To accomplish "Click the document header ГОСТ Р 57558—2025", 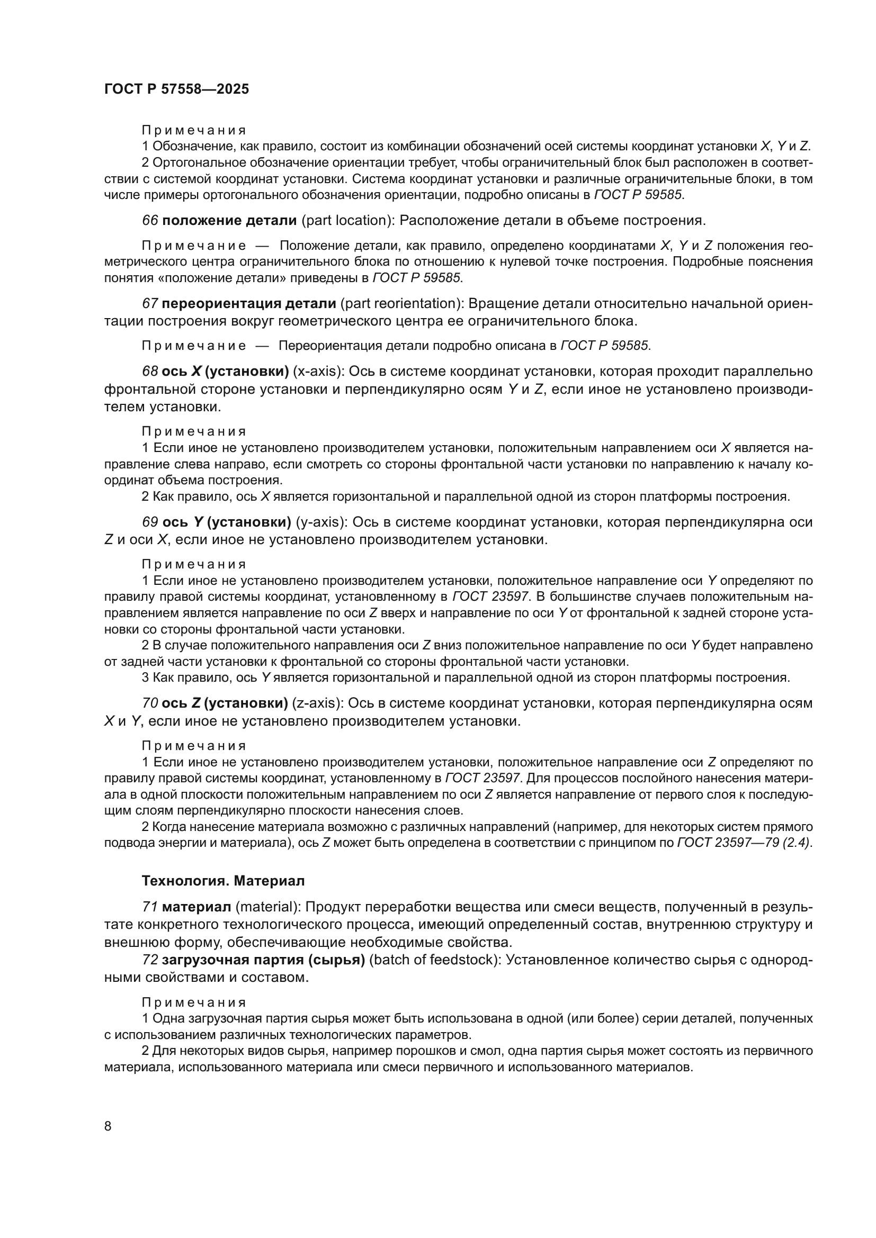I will (x=176, y=89).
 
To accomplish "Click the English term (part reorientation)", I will (x=402, y=304).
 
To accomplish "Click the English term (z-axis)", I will (x=317, y=703).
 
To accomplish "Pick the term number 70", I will (x=150, y=703).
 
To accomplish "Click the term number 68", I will (x=150, y=372).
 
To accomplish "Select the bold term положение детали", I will (x=229, y=220).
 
